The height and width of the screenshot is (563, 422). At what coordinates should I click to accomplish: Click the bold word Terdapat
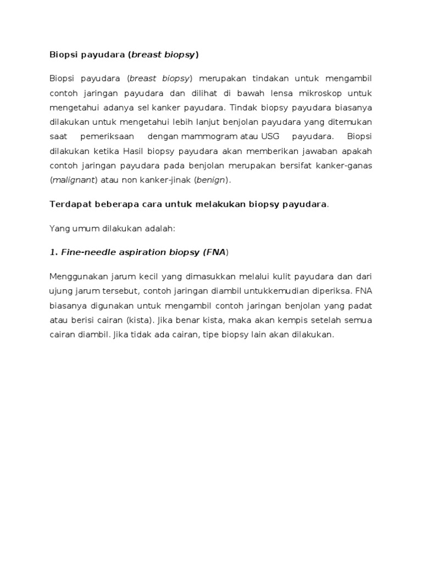tap(68, 205)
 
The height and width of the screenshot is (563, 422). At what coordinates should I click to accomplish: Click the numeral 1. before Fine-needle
tap(53, 252)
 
